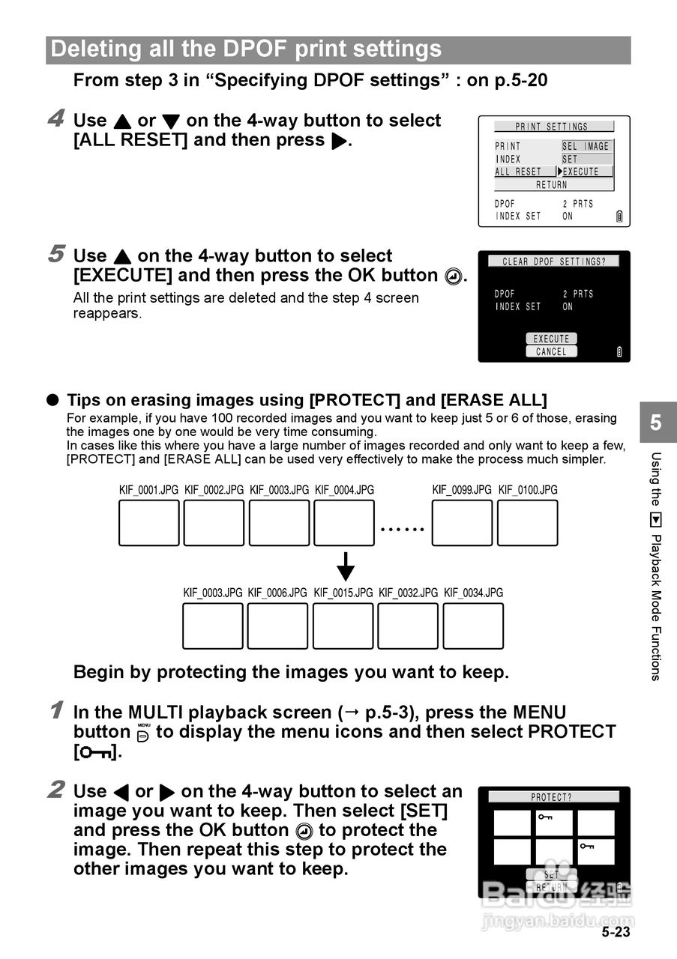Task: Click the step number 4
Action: tap(55, 118)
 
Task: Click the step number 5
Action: tap(55, 254)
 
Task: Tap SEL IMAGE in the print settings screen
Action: tap(587, 147)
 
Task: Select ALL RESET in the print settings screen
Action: tap(518, 172)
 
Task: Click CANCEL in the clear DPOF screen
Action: tap(552, 351)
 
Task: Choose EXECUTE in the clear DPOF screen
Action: tap(552, 339)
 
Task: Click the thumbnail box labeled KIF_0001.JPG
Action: tap(149, 523)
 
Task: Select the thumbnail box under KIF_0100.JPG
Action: tap(528, 523)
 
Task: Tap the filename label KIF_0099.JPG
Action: tap(462, 490)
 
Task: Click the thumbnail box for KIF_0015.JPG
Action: tap(343, 626)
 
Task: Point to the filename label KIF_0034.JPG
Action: tap(473, 593)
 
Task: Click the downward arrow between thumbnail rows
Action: tap(345, 566)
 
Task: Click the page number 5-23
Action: tap(616, 932)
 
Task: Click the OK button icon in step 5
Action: tap(453, 276)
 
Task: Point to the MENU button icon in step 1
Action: tap(143, 733)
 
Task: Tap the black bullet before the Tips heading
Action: tap(53, 400)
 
